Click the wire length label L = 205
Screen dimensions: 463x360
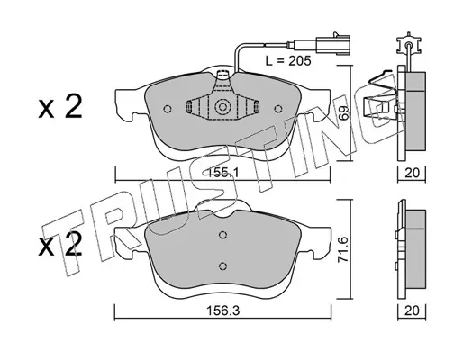[x=288, y=61]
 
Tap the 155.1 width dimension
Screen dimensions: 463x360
[x=223, y=173]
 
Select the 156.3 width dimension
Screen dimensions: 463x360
[x=222, y=310]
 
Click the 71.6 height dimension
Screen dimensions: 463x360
[x=343, y=249]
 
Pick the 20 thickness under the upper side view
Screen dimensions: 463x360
[x=412, y=173]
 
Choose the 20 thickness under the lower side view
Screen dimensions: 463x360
[x=412, y=310]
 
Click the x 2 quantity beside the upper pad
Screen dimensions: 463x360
[x=60, y=106]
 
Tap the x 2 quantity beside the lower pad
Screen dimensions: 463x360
[x=60, y=246]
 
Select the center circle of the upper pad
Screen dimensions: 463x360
[x=222, y=107]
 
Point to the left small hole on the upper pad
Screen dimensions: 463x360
[x=168, y=109]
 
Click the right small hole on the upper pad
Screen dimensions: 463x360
[x=278, y=109]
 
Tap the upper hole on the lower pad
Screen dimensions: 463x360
[x=222, y=236]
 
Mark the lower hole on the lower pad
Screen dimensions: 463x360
[x=222, y=265]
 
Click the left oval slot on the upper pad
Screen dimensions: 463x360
[x=189, y=107]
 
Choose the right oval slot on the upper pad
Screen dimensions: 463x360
[x=257, y=107]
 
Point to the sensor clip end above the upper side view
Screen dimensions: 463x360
[x=408, y=45]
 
